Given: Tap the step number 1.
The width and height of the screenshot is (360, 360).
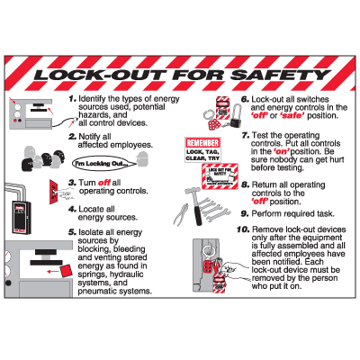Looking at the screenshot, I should pos(73,97).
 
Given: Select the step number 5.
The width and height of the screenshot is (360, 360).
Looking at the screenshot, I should pos(72,231).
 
